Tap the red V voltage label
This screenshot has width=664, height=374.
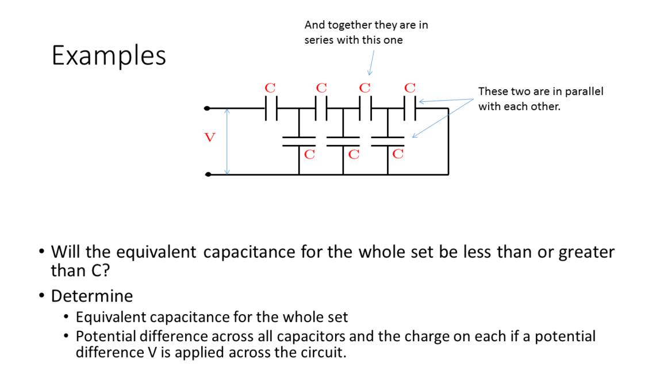pos(210,138)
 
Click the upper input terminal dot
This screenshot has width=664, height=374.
pos(207,108)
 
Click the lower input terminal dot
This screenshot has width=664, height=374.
pos(207,174)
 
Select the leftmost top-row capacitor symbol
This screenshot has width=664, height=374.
pos(271,108)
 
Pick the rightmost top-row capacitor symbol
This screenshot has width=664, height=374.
pos(410,108)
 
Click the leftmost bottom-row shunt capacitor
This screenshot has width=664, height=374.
pos(298,142)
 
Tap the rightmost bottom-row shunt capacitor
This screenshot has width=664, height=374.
pos(387,142)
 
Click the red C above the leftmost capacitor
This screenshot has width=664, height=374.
pos(270,88)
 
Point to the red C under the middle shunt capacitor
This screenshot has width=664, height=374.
pos(354,154)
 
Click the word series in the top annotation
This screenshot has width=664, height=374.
pos(320,40)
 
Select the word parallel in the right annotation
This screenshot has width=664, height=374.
pos(584,92)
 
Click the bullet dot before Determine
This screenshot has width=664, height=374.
pos(42,296)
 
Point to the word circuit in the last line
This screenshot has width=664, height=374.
pos(327,352)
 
